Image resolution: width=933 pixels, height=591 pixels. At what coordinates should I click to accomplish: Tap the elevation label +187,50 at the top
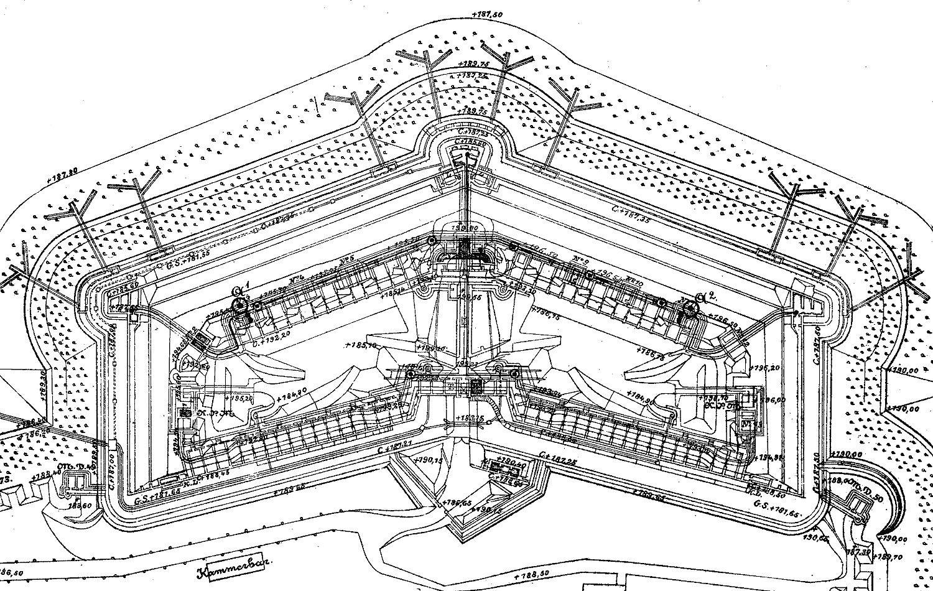[x=487, y=13]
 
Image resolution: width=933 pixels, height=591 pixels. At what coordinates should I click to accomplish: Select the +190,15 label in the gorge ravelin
[x=427, y=460]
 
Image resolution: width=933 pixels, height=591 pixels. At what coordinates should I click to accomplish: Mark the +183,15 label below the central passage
[x=470, y=418]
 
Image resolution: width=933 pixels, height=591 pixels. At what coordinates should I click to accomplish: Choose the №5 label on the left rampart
[x=347, y=259]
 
